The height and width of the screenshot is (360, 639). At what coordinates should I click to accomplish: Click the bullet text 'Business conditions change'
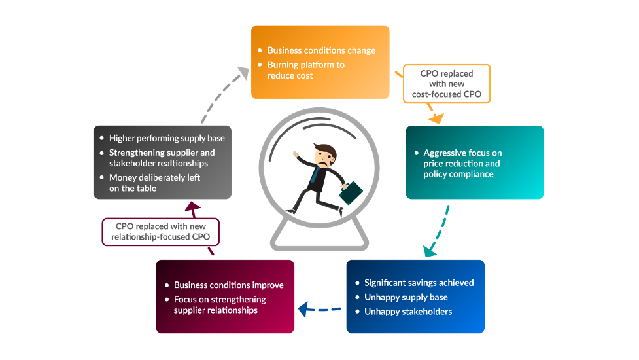click(321, 50)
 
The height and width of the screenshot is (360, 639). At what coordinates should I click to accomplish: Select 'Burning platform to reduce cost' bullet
click(305, 70)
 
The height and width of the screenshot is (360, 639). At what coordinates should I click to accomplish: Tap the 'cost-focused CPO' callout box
click(447, 84)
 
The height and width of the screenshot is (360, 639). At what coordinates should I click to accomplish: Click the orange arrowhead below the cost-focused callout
click(436, 118)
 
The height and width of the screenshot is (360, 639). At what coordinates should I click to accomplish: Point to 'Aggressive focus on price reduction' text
click(462, 163)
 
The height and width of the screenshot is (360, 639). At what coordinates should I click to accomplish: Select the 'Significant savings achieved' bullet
click(419, 283)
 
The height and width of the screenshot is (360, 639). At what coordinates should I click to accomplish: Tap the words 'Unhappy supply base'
click(406, 297)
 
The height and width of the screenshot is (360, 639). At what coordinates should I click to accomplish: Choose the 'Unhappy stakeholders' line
click(408, 312)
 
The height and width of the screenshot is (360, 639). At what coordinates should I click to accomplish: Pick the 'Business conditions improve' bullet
click(228, 285)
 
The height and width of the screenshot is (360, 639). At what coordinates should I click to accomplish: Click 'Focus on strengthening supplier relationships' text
click(220, 304)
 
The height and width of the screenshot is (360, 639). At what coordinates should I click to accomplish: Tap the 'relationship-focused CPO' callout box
click(161, 231)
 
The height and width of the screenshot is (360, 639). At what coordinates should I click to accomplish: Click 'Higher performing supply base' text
click(167, 138)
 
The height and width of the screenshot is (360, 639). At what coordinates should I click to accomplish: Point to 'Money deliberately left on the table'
click(154, 183)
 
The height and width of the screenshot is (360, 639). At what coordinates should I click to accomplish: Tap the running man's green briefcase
click(351, 192)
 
